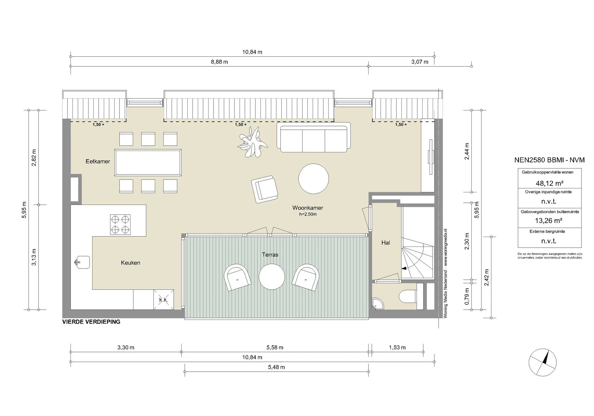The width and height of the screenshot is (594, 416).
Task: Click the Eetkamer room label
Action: click(x=98, y=161)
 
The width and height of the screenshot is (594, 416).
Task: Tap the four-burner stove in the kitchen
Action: click(x=120, y=225)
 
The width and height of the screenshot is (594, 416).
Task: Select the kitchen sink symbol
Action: click(x=83, y=262)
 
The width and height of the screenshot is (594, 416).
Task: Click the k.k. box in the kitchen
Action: click(x=164, y=300)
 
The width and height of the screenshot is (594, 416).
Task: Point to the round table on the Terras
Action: click(x=272, y=277)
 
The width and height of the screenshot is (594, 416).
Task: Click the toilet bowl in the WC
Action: click(x=408, y=296)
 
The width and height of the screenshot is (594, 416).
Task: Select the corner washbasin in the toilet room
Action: click(x=377, y=303)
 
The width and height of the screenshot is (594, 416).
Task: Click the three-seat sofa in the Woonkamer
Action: click(x=314, y=138)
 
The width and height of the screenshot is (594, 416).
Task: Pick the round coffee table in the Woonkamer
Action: click(x=314, y=178)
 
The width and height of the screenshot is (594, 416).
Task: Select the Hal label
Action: click(x=385, y=243)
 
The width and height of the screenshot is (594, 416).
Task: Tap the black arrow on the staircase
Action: click(x=404, y=269)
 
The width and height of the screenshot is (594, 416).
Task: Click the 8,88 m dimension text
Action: click(x=219, y=62)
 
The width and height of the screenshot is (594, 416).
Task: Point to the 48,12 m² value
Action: click(x=549, y=183)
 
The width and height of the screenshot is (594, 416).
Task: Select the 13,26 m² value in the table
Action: click(x=548, y=221)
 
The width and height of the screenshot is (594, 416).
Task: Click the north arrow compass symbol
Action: click(x=542, y=362)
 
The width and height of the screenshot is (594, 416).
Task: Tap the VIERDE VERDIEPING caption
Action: click(x=91, y=322)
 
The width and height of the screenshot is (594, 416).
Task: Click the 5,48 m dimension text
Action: click(x=276, y=367)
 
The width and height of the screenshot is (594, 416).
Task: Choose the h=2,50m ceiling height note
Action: click(x=308, y=214)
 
